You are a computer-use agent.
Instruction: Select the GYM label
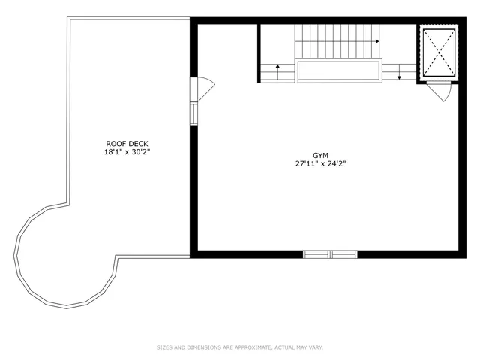[321, 155]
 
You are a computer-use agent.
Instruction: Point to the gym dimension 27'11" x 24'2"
[321, 164]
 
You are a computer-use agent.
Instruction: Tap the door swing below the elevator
[441, 91]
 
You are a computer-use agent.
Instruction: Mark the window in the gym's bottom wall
[330, 254]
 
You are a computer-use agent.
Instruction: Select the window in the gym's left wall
[193, 112]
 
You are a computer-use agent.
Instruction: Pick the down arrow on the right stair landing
[399, 72]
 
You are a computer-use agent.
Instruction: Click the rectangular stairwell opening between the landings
[338, 71]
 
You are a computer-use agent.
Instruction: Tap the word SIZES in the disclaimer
[164, 347]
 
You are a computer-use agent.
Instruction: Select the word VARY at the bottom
[315, 347]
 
